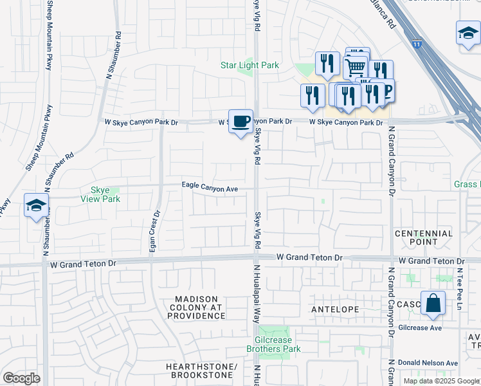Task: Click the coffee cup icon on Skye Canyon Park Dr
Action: tap(240, 121)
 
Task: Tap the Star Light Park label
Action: tap(250, 65)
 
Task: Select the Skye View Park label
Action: tap(100, 194)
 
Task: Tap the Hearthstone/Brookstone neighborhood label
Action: tap(201, 371)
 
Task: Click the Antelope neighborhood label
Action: tap(334, 309)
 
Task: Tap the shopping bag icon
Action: tap(433, 303)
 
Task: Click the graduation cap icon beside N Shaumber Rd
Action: tap(37, 205)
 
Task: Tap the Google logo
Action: tap(21, 378)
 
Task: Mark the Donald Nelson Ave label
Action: tap(428, 363)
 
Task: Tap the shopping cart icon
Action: tap(355, 66)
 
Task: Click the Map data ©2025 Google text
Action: tap(440, 381)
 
